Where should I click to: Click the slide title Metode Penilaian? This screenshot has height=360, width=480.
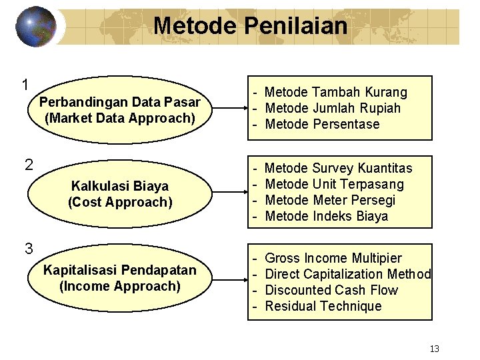[x=250, y=26]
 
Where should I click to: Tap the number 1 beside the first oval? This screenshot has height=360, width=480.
[x=25, y=85]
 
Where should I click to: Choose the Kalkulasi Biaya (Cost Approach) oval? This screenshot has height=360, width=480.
[x=119, y=194]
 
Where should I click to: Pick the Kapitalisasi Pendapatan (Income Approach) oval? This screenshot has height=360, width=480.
[x=119, y=278]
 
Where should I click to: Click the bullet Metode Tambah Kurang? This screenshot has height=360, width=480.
[x=335, y=92]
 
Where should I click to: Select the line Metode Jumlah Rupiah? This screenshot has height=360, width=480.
[x=333, y=108]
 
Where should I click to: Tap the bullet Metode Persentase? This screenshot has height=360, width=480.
[x=322, y=124]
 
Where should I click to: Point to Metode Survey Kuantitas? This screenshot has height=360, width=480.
[x=338, y=168]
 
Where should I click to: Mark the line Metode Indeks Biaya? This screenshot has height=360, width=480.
[x=326, y=216]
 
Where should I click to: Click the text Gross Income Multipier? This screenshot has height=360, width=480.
[x=333, y=258]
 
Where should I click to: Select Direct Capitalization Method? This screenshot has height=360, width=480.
[x=348, y=274]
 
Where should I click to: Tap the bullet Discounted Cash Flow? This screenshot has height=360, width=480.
[x=331, y=290]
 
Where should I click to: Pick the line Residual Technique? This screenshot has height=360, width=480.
[x=323, y=306]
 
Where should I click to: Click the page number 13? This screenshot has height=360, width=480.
[x=435, y=349]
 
